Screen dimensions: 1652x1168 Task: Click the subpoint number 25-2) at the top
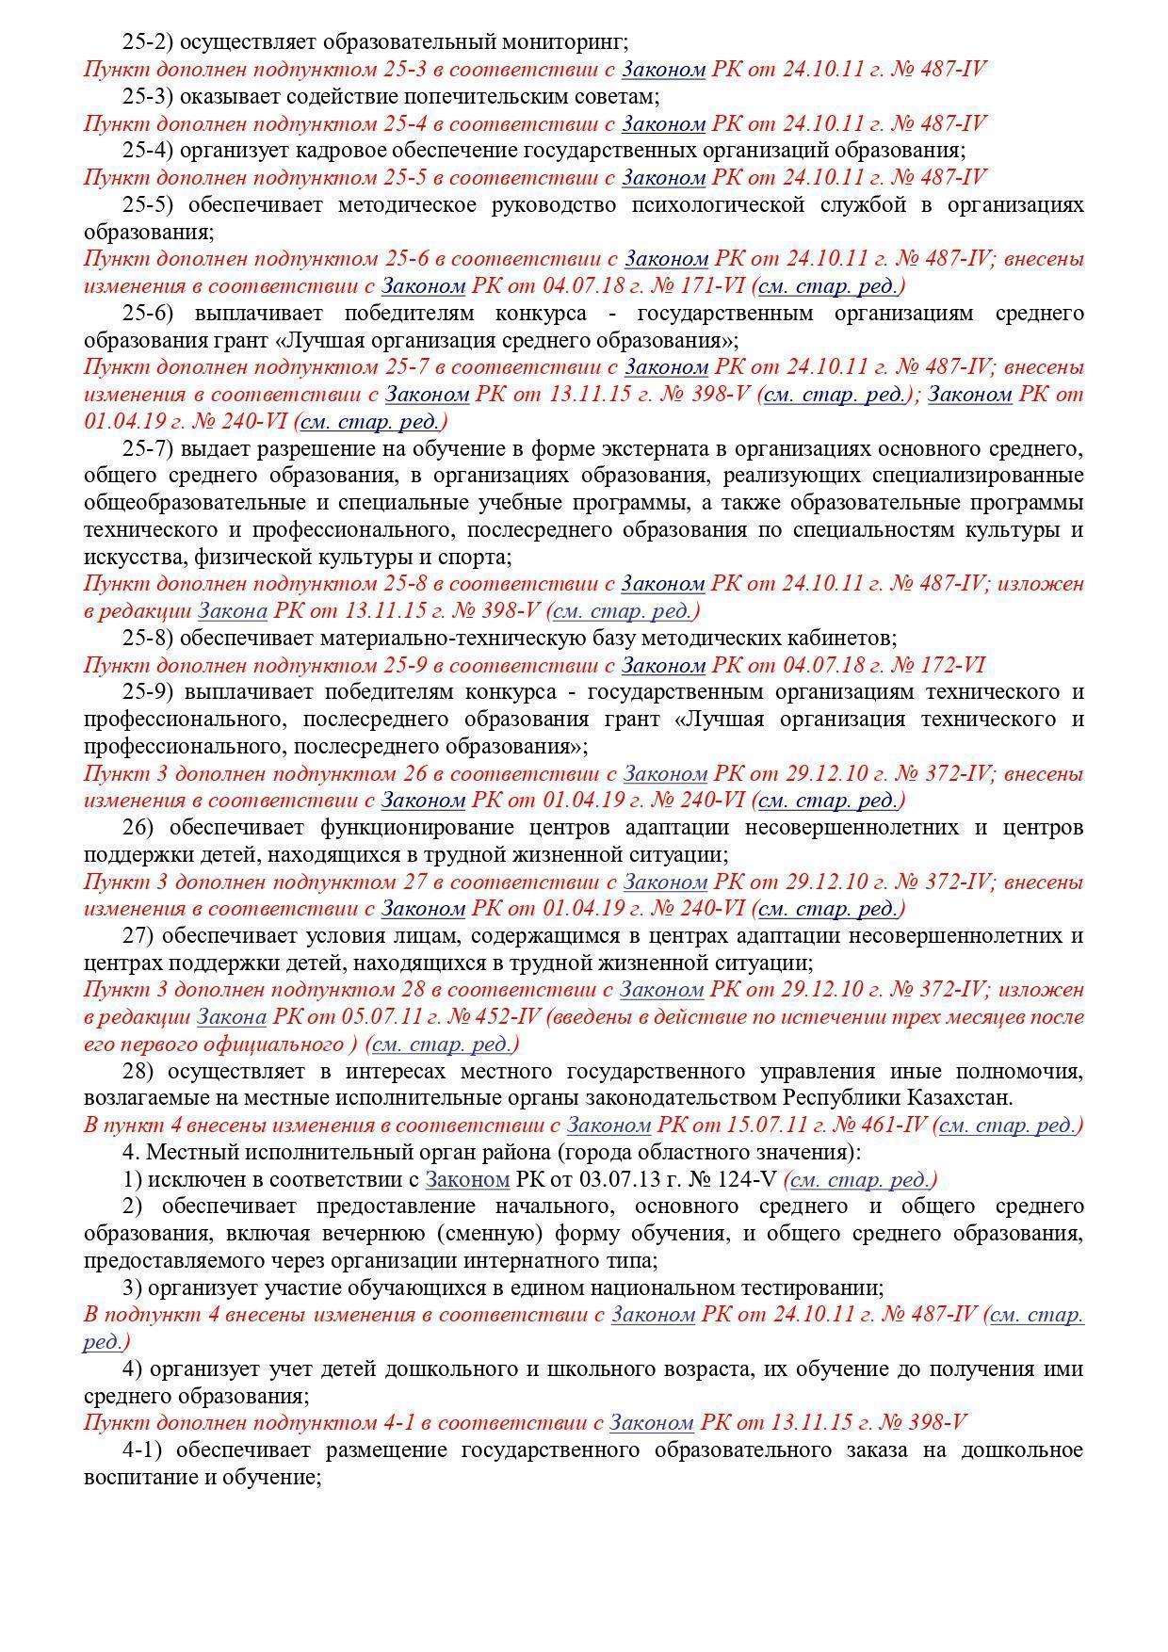[148, 42]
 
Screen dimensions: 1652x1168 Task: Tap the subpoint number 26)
[138, 828]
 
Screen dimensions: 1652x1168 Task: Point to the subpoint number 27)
[138, 936]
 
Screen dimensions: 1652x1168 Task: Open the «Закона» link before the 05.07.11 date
[232, 1018]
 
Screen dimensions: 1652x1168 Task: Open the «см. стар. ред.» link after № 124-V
[860, 1180]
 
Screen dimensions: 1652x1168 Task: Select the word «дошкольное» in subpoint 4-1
[1021, 1450]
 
